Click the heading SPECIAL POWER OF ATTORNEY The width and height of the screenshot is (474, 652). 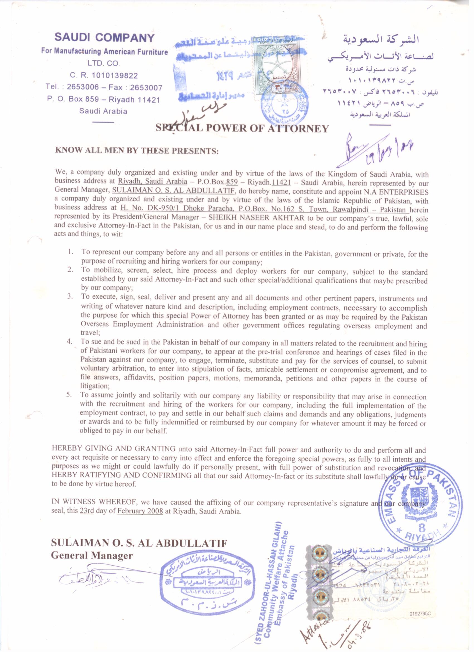242,128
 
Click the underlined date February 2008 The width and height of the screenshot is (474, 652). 140,520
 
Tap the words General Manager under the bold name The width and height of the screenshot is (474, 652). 92,556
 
